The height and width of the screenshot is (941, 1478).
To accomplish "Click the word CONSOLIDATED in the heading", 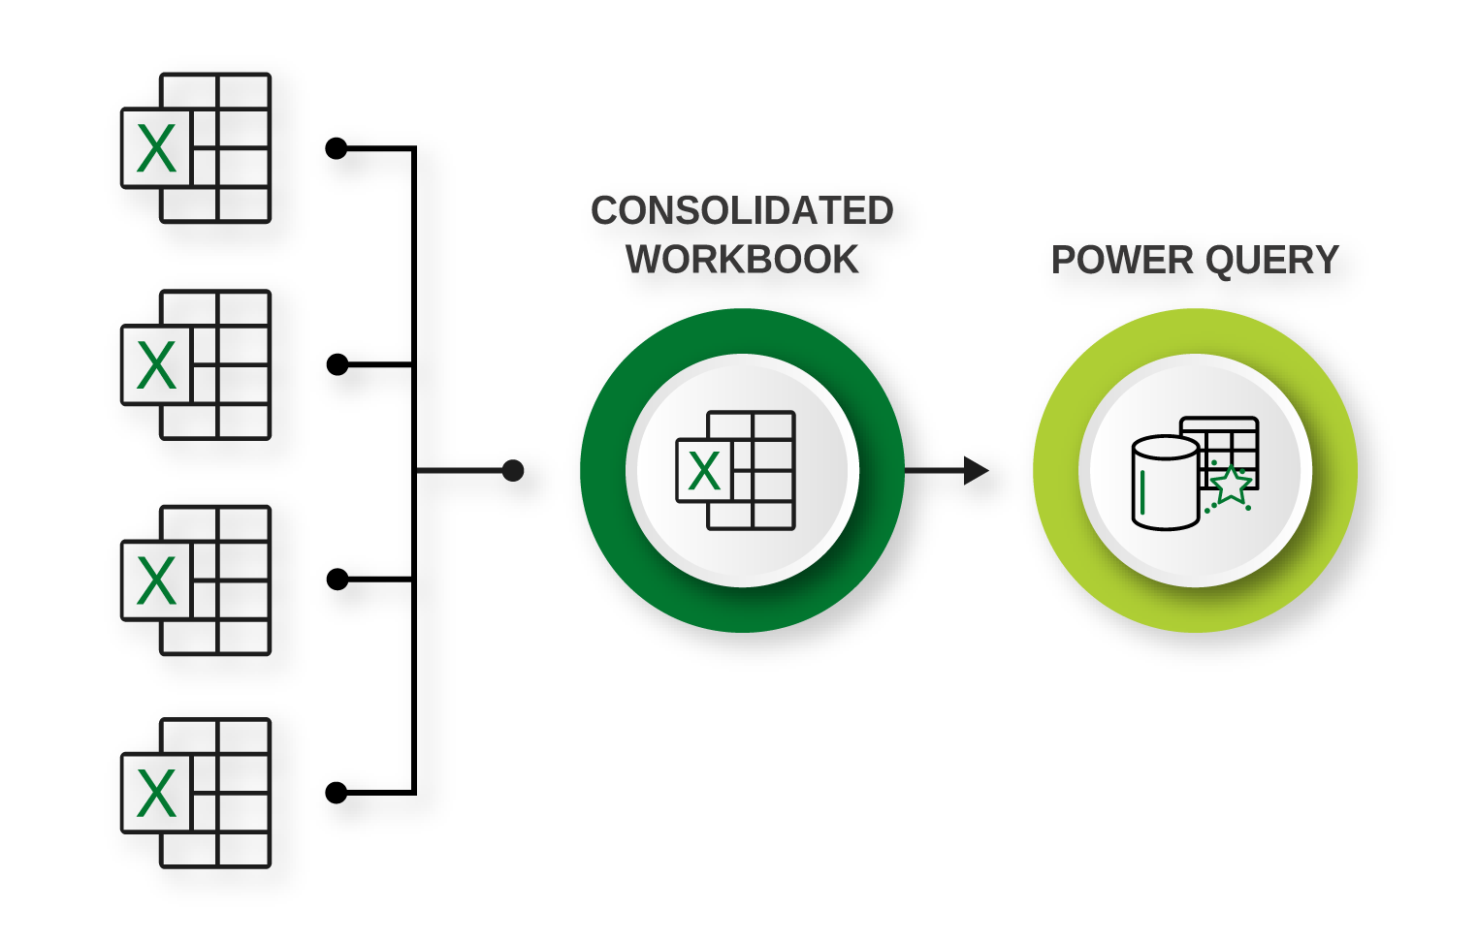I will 742,211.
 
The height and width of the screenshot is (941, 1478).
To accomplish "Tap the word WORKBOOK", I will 742,260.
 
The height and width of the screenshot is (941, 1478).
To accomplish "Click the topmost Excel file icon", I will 196,148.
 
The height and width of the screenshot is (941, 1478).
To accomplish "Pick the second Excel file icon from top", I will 196,365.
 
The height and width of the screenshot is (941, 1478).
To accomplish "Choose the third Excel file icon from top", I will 196,580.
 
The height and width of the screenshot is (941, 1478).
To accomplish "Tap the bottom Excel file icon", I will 196,794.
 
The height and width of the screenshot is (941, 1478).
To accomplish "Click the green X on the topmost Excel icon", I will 156,149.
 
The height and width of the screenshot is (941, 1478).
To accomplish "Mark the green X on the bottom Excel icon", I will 156,794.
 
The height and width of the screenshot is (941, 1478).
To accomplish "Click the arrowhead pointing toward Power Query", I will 976,471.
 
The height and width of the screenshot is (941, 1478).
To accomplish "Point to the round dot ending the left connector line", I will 513,471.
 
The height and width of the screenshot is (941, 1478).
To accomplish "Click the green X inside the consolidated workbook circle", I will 704,472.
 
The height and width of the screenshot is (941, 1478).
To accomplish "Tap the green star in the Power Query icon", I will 1231,486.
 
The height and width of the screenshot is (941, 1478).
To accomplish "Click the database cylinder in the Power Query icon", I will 1165,483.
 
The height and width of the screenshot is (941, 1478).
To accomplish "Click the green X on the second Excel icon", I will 156,365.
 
